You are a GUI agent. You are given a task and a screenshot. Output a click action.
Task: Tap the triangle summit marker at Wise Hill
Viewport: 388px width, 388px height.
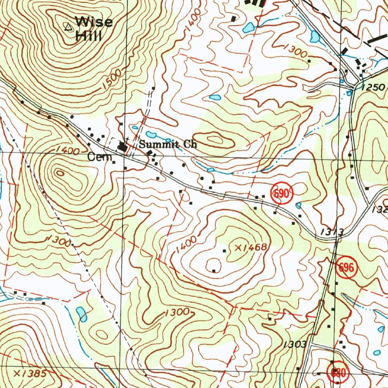pos(68,27)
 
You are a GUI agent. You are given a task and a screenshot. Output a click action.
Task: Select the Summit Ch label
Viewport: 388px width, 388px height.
pos(167,144)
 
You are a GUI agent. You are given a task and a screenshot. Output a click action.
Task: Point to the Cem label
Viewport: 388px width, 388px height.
pos(96,156)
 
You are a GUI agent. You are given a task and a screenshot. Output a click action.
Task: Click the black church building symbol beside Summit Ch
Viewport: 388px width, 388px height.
pos(122,147)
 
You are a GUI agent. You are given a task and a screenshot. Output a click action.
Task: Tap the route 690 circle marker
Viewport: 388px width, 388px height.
pos(282,194)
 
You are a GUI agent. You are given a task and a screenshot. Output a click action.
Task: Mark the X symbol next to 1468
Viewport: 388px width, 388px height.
pos(238,247)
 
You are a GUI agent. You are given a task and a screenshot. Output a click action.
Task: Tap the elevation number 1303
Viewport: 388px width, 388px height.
pos(294,344)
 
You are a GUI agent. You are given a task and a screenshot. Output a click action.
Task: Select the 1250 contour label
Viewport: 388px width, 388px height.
pos(373,88)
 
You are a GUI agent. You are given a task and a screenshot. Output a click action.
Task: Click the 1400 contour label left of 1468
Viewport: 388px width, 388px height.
pos(186,245)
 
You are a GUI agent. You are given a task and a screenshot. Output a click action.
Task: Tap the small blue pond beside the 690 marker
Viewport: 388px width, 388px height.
pos(299,205)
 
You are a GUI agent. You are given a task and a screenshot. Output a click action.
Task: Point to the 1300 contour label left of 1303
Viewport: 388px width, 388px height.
pos(177,312)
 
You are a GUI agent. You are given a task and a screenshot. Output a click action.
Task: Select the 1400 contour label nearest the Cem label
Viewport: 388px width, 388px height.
pos(67,151)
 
